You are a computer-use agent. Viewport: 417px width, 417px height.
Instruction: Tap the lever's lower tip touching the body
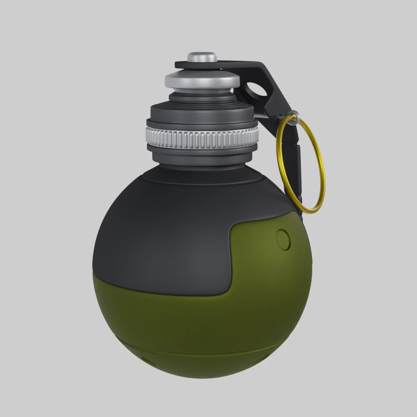tap(297, 204)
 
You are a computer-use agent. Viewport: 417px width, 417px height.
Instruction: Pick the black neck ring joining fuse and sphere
tap(204, 177)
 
